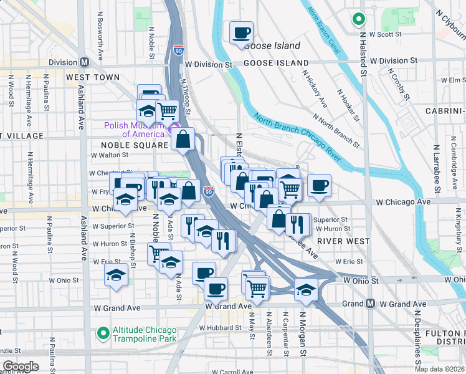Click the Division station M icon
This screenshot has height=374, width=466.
pyautogui.click(x=83, y=62)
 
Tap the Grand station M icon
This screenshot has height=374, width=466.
pyautogui.click(x=370, y=304)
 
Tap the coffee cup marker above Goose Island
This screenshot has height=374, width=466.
pyautogui.click(x=241, y=32)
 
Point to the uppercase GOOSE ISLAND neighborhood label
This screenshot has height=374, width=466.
pyautogui.click(x=275, y=63)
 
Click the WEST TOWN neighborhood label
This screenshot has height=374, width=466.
pyautogui.click(x=92, y=77)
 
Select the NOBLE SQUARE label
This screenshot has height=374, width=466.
pyautogui.click(x=135, y=145)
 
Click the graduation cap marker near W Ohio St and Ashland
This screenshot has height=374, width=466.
pyautogui.click(x=116, y=276)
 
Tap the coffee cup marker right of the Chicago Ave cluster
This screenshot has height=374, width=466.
pyautogui.click(x=319, y=185)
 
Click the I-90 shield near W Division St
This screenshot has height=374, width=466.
pyautogui.click(x=179, y=50)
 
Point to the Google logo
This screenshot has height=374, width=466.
pyautogui.click(x=21, y=367)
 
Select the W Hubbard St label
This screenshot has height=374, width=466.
pyautogui.click(x=220, y=327)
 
